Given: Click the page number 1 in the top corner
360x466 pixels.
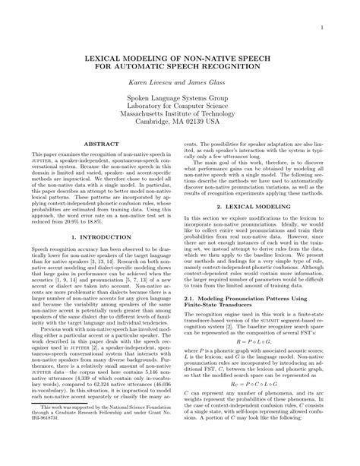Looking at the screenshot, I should (323, 30).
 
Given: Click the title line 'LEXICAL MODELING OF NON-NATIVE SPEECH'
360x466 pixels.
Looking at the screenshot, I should (179, 58).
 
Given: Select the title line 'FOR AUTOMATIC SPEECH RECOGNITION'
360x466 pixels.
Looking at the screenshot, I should (179, 67).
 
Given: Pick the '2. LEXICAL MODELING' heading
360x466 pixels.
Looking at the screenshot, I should (254, 207).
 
